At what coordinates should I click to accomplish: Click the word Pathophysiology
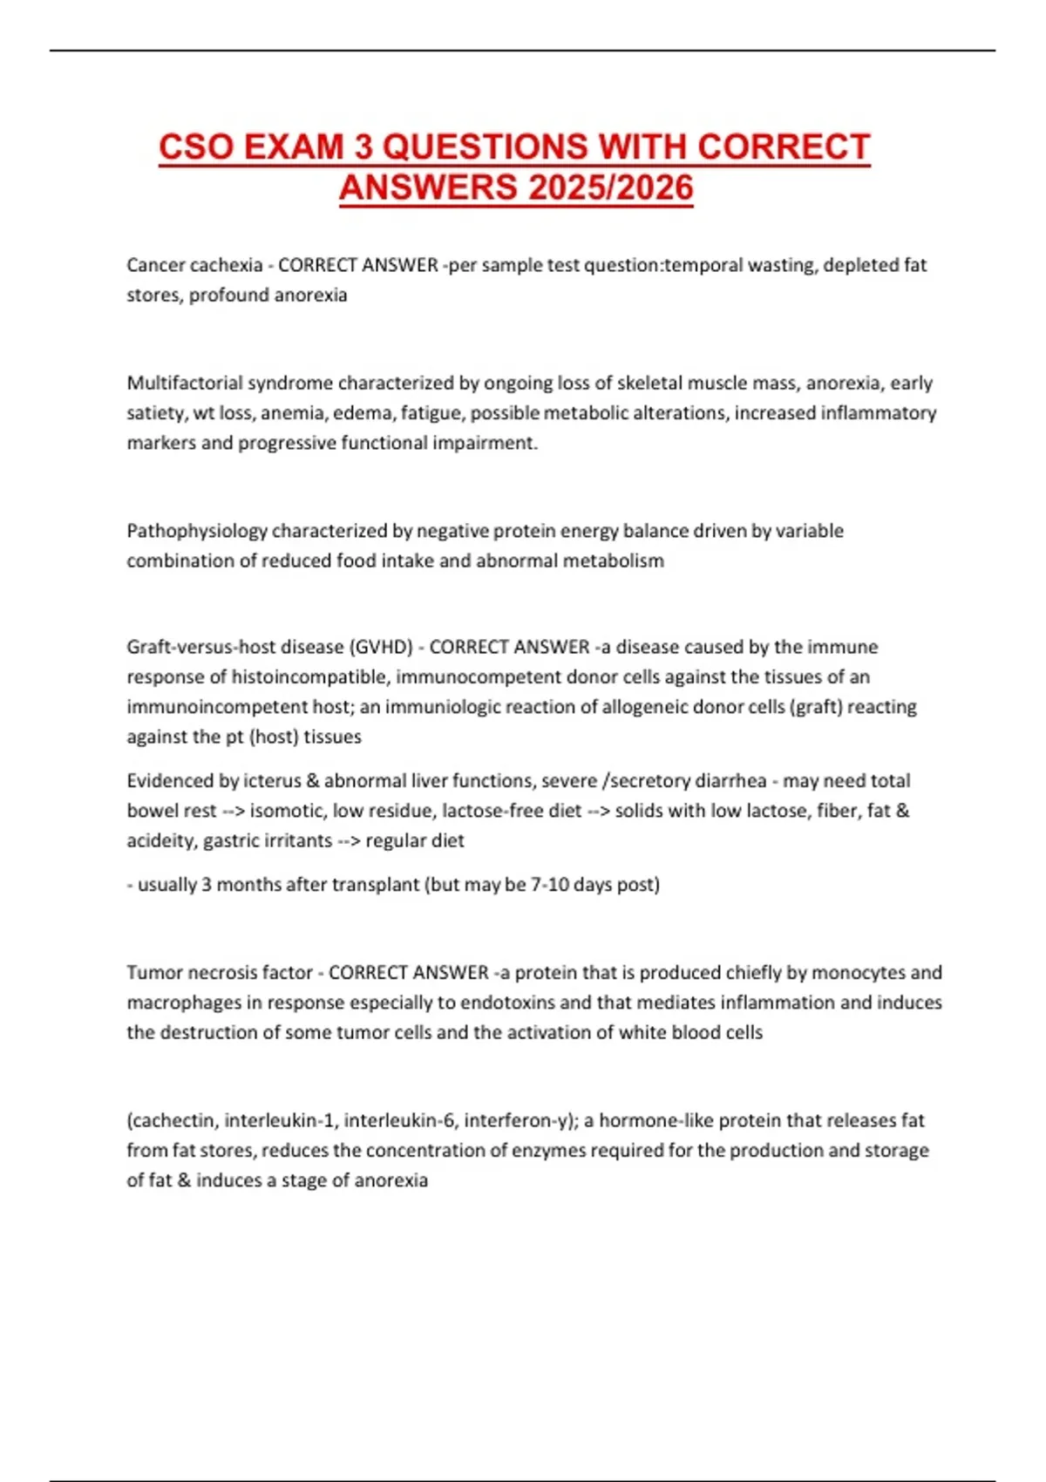coord(196,531)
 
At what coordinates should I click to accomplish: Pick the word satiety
coord(154,413)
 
